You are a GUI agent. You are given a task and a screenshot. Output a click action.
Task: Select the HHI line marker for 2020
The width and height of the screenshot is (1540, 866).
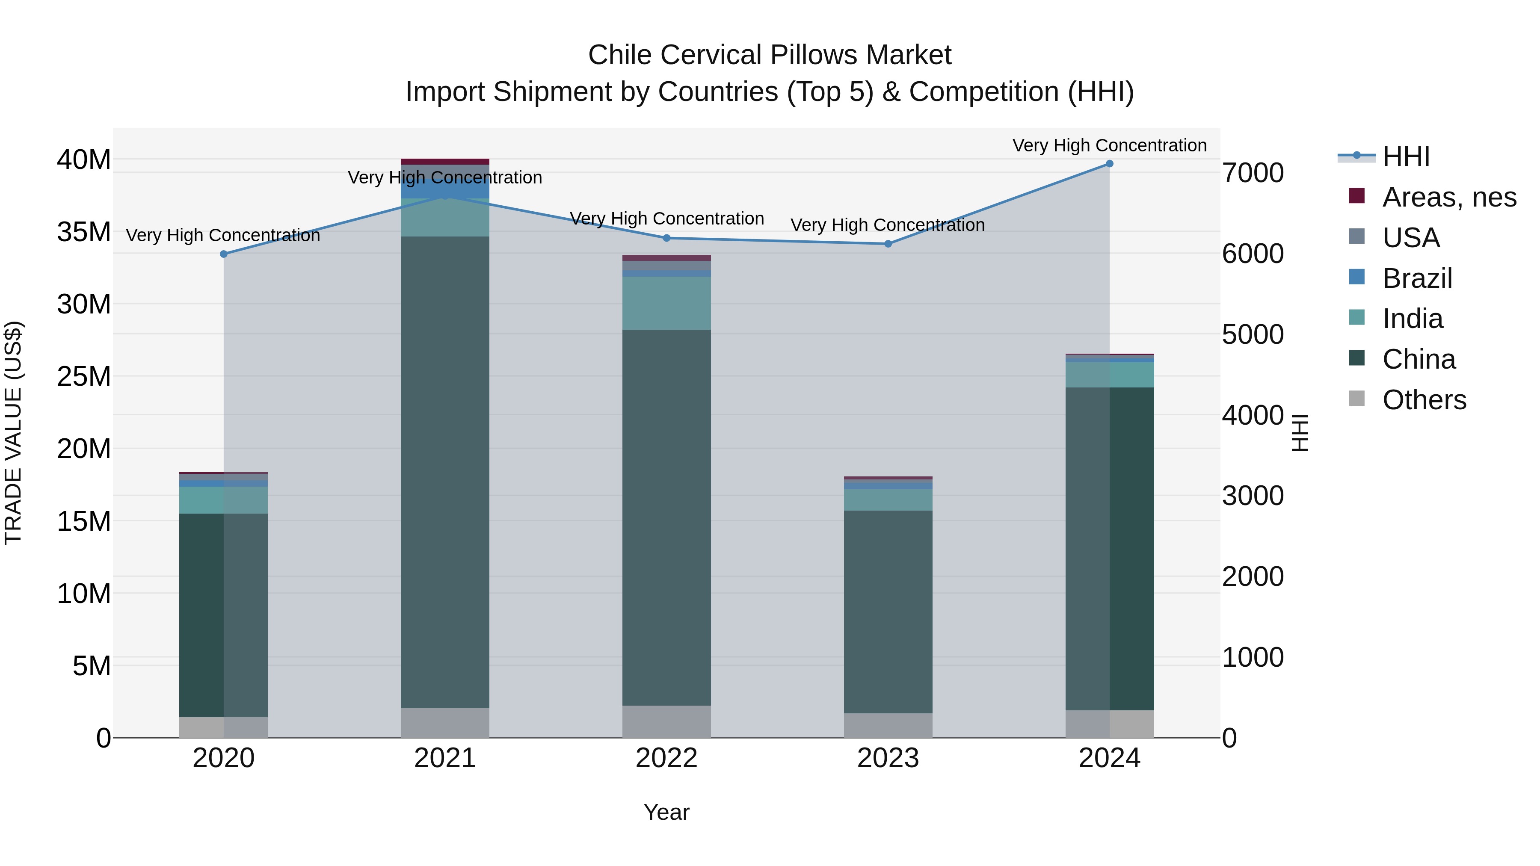tap(224, 254)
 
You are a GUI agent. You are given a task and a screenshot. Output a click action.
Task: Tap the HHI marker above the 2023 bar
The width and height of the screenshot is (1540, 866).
tap(888, 244)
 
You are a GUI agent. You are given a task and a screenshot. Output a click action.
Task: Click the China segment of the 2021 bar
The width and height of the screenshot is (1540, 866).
tap(445, 472)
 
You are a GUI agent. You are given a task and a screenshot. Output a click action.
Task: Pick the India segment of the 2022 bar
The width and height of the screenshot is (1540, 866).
tap(666, 303)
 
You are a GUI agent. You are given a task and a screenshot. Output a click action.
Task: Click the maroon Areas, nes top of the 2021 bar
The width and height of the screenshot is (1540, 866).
tap(445, 161)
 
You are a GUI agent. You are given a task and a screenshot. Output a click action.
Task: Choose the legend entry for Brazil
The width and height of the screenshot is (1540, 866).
tap(1417, 278)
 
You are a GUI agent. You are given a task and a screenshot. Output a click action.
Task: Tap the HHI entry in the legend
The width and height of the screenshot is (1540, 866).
tap(1406, 157)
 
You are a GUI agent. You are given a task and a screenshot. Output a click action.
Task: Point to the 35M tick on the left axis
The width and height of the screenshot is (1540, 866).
tap(84, 232)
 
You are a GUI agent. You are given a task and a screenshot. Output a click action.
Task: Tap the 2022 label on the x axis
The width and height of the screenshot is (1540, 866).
tap(666, 758)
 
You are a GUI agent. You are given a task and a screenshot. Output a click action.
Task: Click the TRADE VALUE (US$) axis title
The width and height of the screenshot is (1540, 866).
tap(13, 433)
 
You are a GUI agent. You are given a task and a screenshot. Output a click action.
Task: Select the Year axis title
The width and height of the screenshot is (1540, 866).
tap(666, 812)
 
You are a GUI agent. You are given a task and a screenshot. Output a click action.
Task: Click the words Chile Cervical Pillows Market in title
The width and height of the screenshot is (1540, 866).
tap(770, 55)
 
